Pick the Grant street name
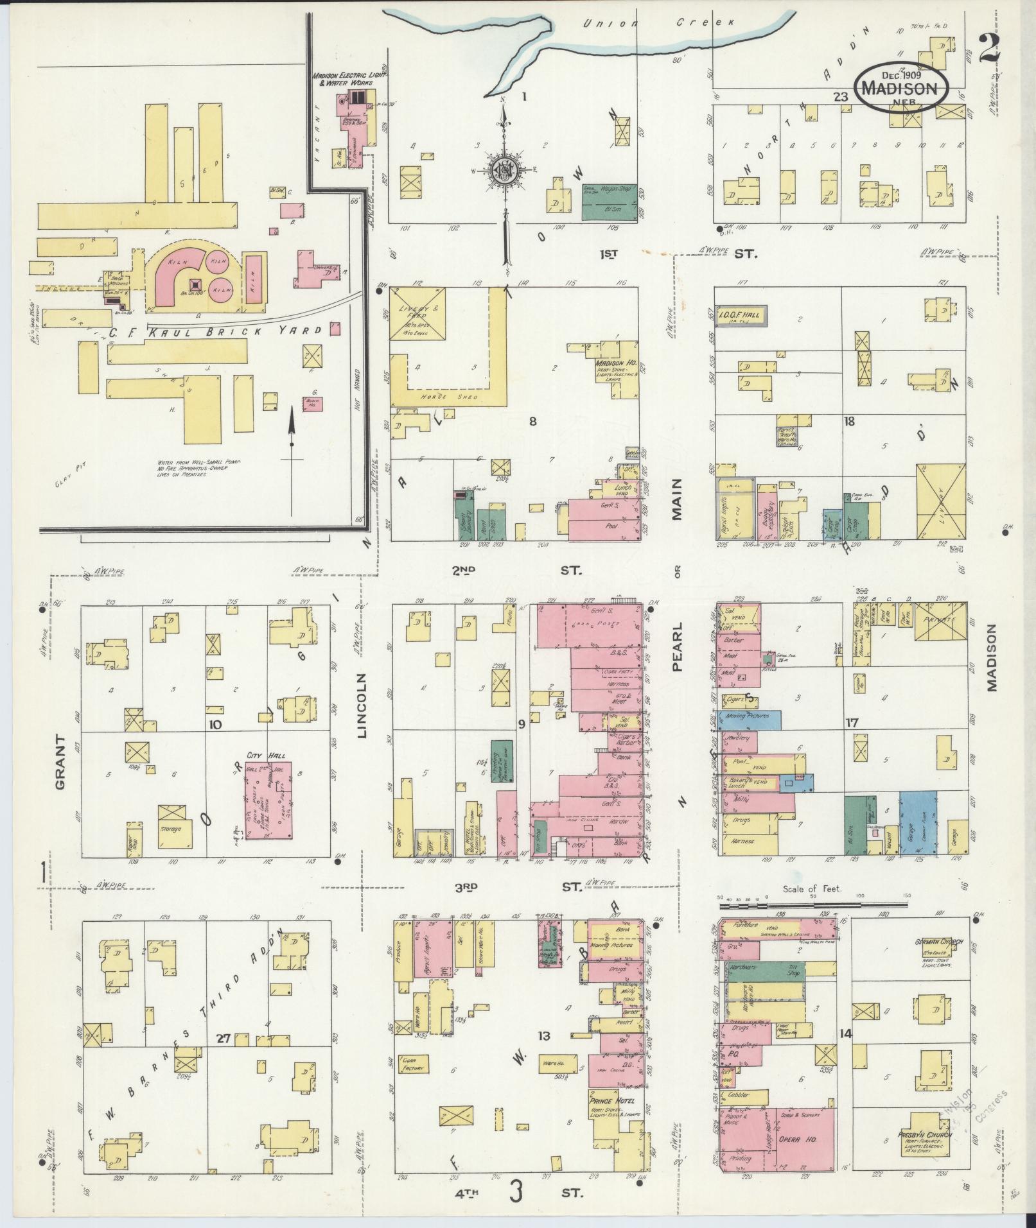61,761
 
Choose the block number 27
223,1039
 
